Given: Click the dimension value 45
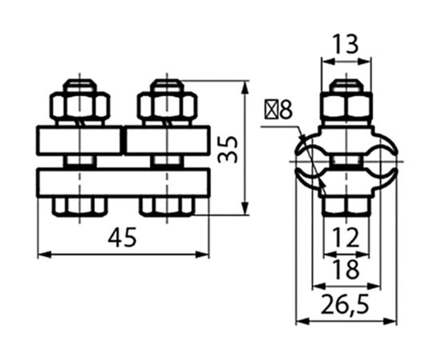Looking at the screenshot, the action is tap(122, 237).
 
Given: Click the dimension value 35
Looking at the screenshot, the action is tap(227, 150).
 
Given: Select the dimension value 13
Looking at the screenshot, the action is tap(346, 44).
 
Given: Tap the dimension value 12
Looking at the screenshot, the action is tap(346, 237).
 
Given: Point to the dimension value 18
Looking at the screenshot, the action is tap(346, 269).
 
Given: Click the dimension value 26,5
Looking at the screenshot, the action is tap(345, 305).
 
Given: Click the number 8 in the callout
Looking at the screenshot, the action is tap(286, 109).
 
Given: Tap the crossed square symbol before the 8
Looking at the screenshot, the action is tap(271, 109).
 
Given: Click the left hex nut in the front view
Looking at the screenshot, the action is tap(80, 106).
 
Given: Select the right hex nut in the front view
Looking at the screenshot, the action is tap(167, 106).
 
